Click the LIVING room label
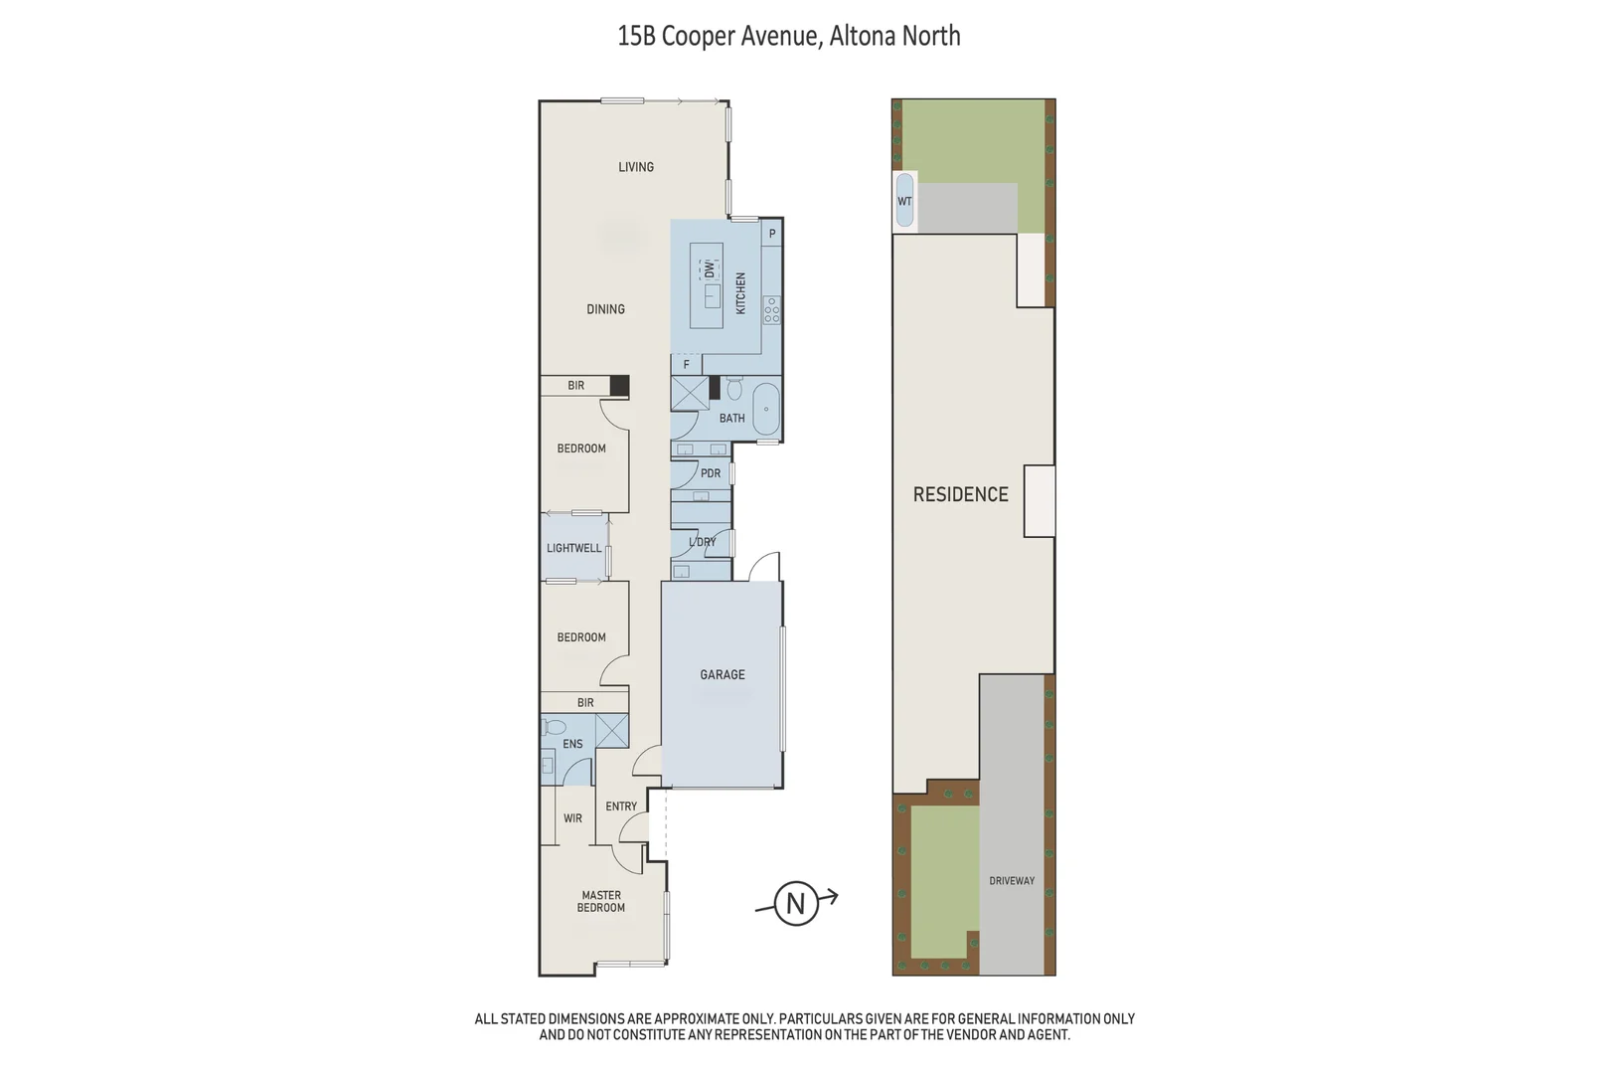(636, 167)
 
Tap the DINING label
(605, 309)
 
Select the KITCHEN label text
(740, 293)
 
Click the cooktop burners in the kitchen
(772, 310)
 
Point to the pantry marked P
(772, 235)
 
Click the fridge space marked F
(686, 365)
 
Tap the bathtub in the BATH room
(766, 408)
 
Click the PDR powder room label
(711, 473)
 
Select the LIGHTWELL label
(573, 548)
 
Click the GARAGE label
(723, 674)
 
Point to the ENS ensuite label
(572, 744)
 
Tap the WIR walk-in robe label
(572, 818)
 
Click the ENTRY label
(621, 806)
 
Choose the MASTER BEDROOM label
(601, 901)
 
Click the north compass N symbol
(796, 903)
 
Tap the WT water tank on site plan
(904, 201)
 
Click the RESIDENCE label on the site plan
(960, 494)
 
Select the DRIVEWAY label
(1012, 881)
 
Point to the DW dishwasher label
(709, 269)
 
